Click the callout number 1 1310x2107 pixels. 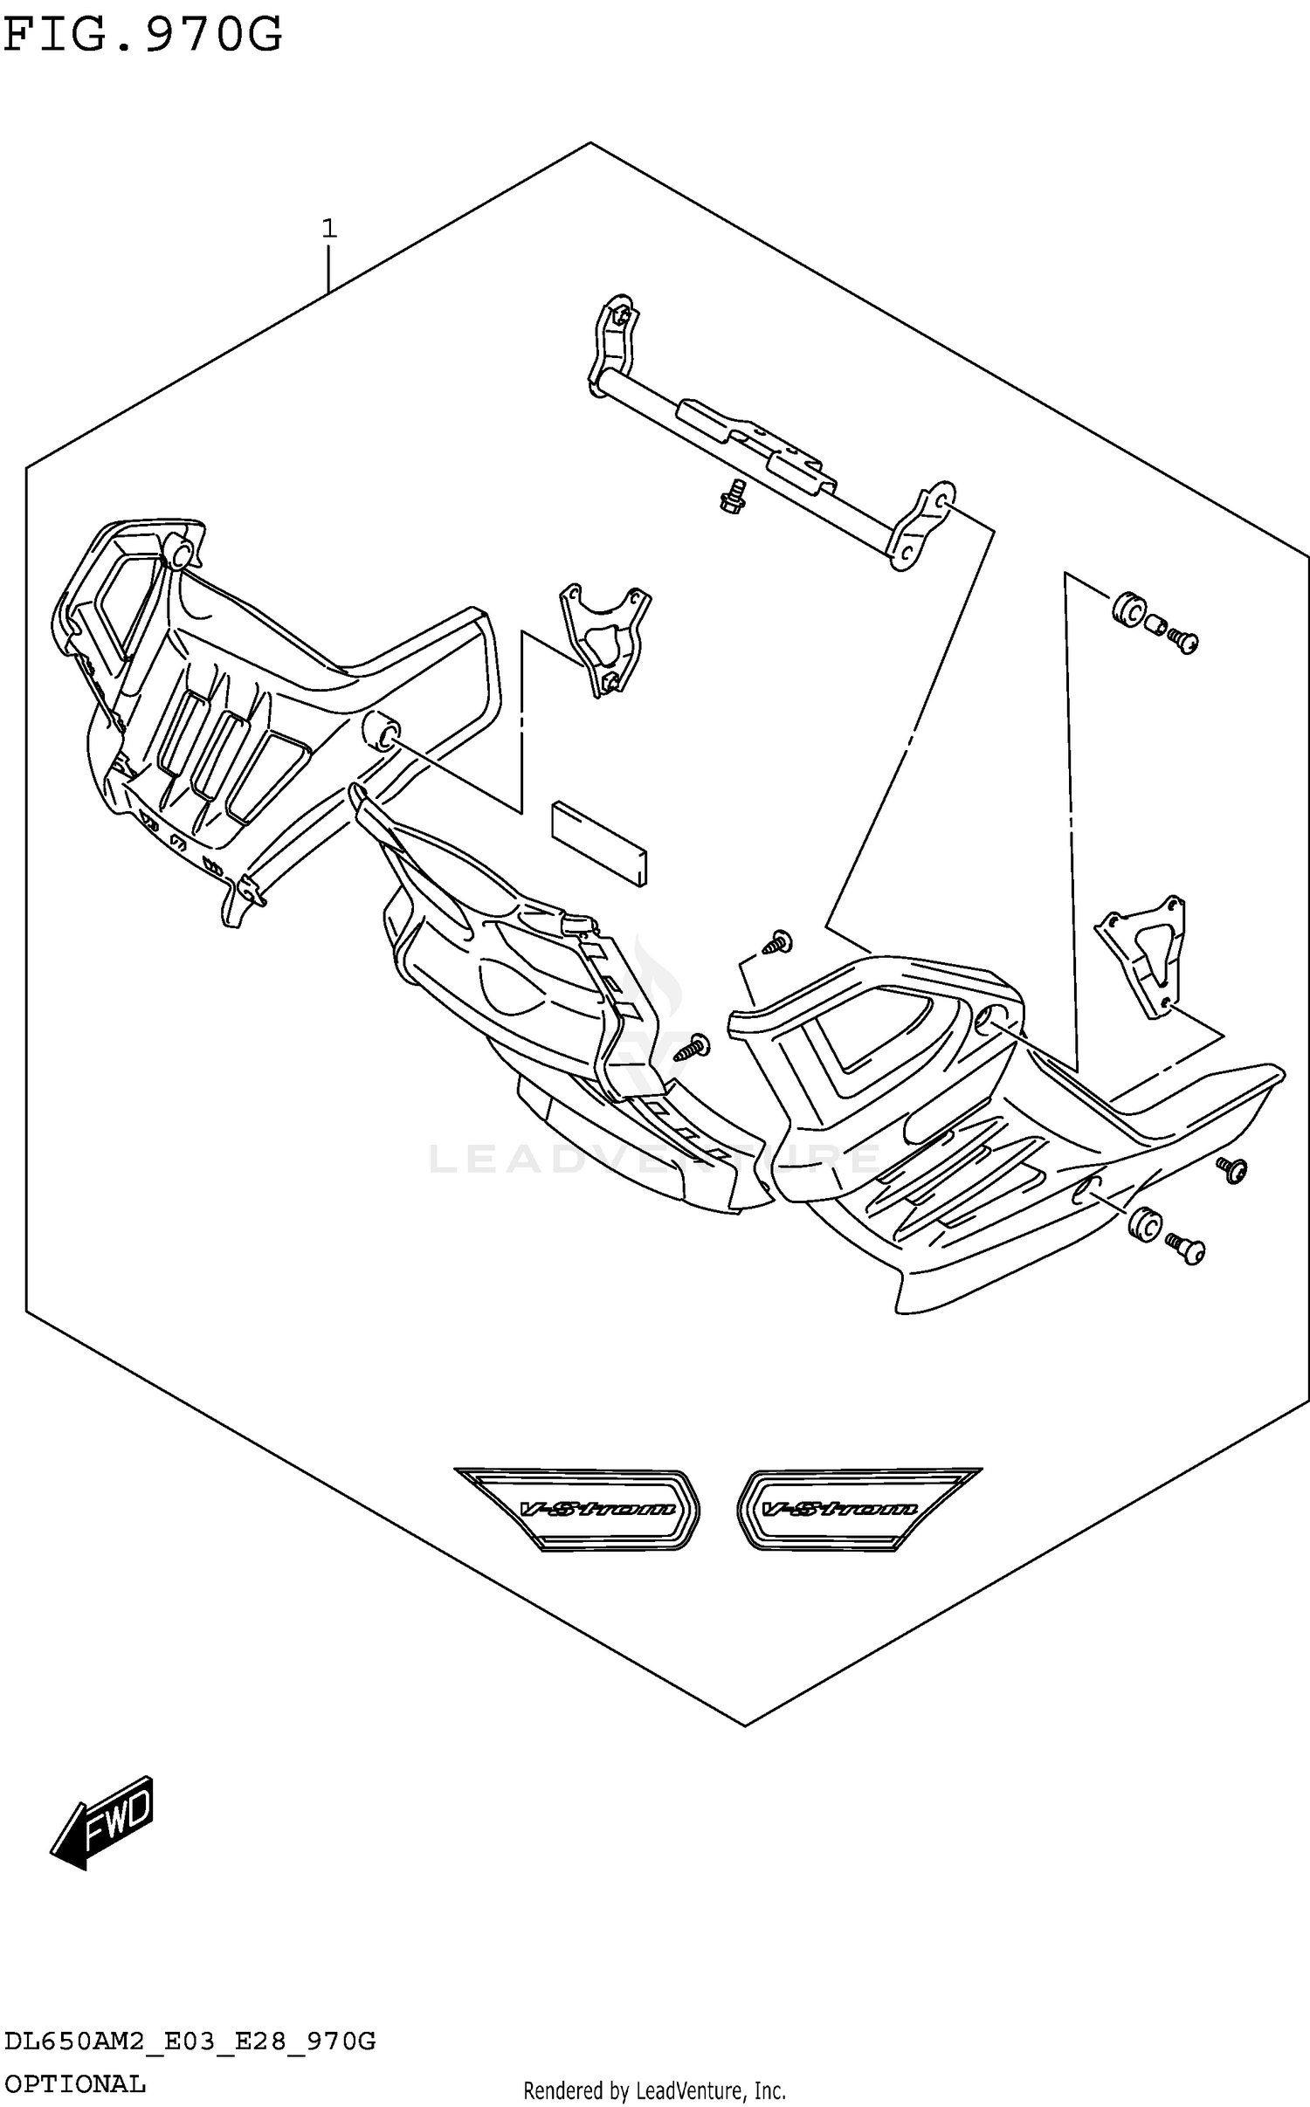328,229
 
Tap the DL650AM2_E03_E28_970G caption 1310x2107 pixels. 190,2042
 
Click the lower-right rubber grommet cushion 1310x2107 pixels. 1143,1224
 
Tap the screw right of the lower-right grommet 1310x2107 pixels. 1188,1250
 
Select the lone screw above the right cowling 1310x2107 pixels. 776,941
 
